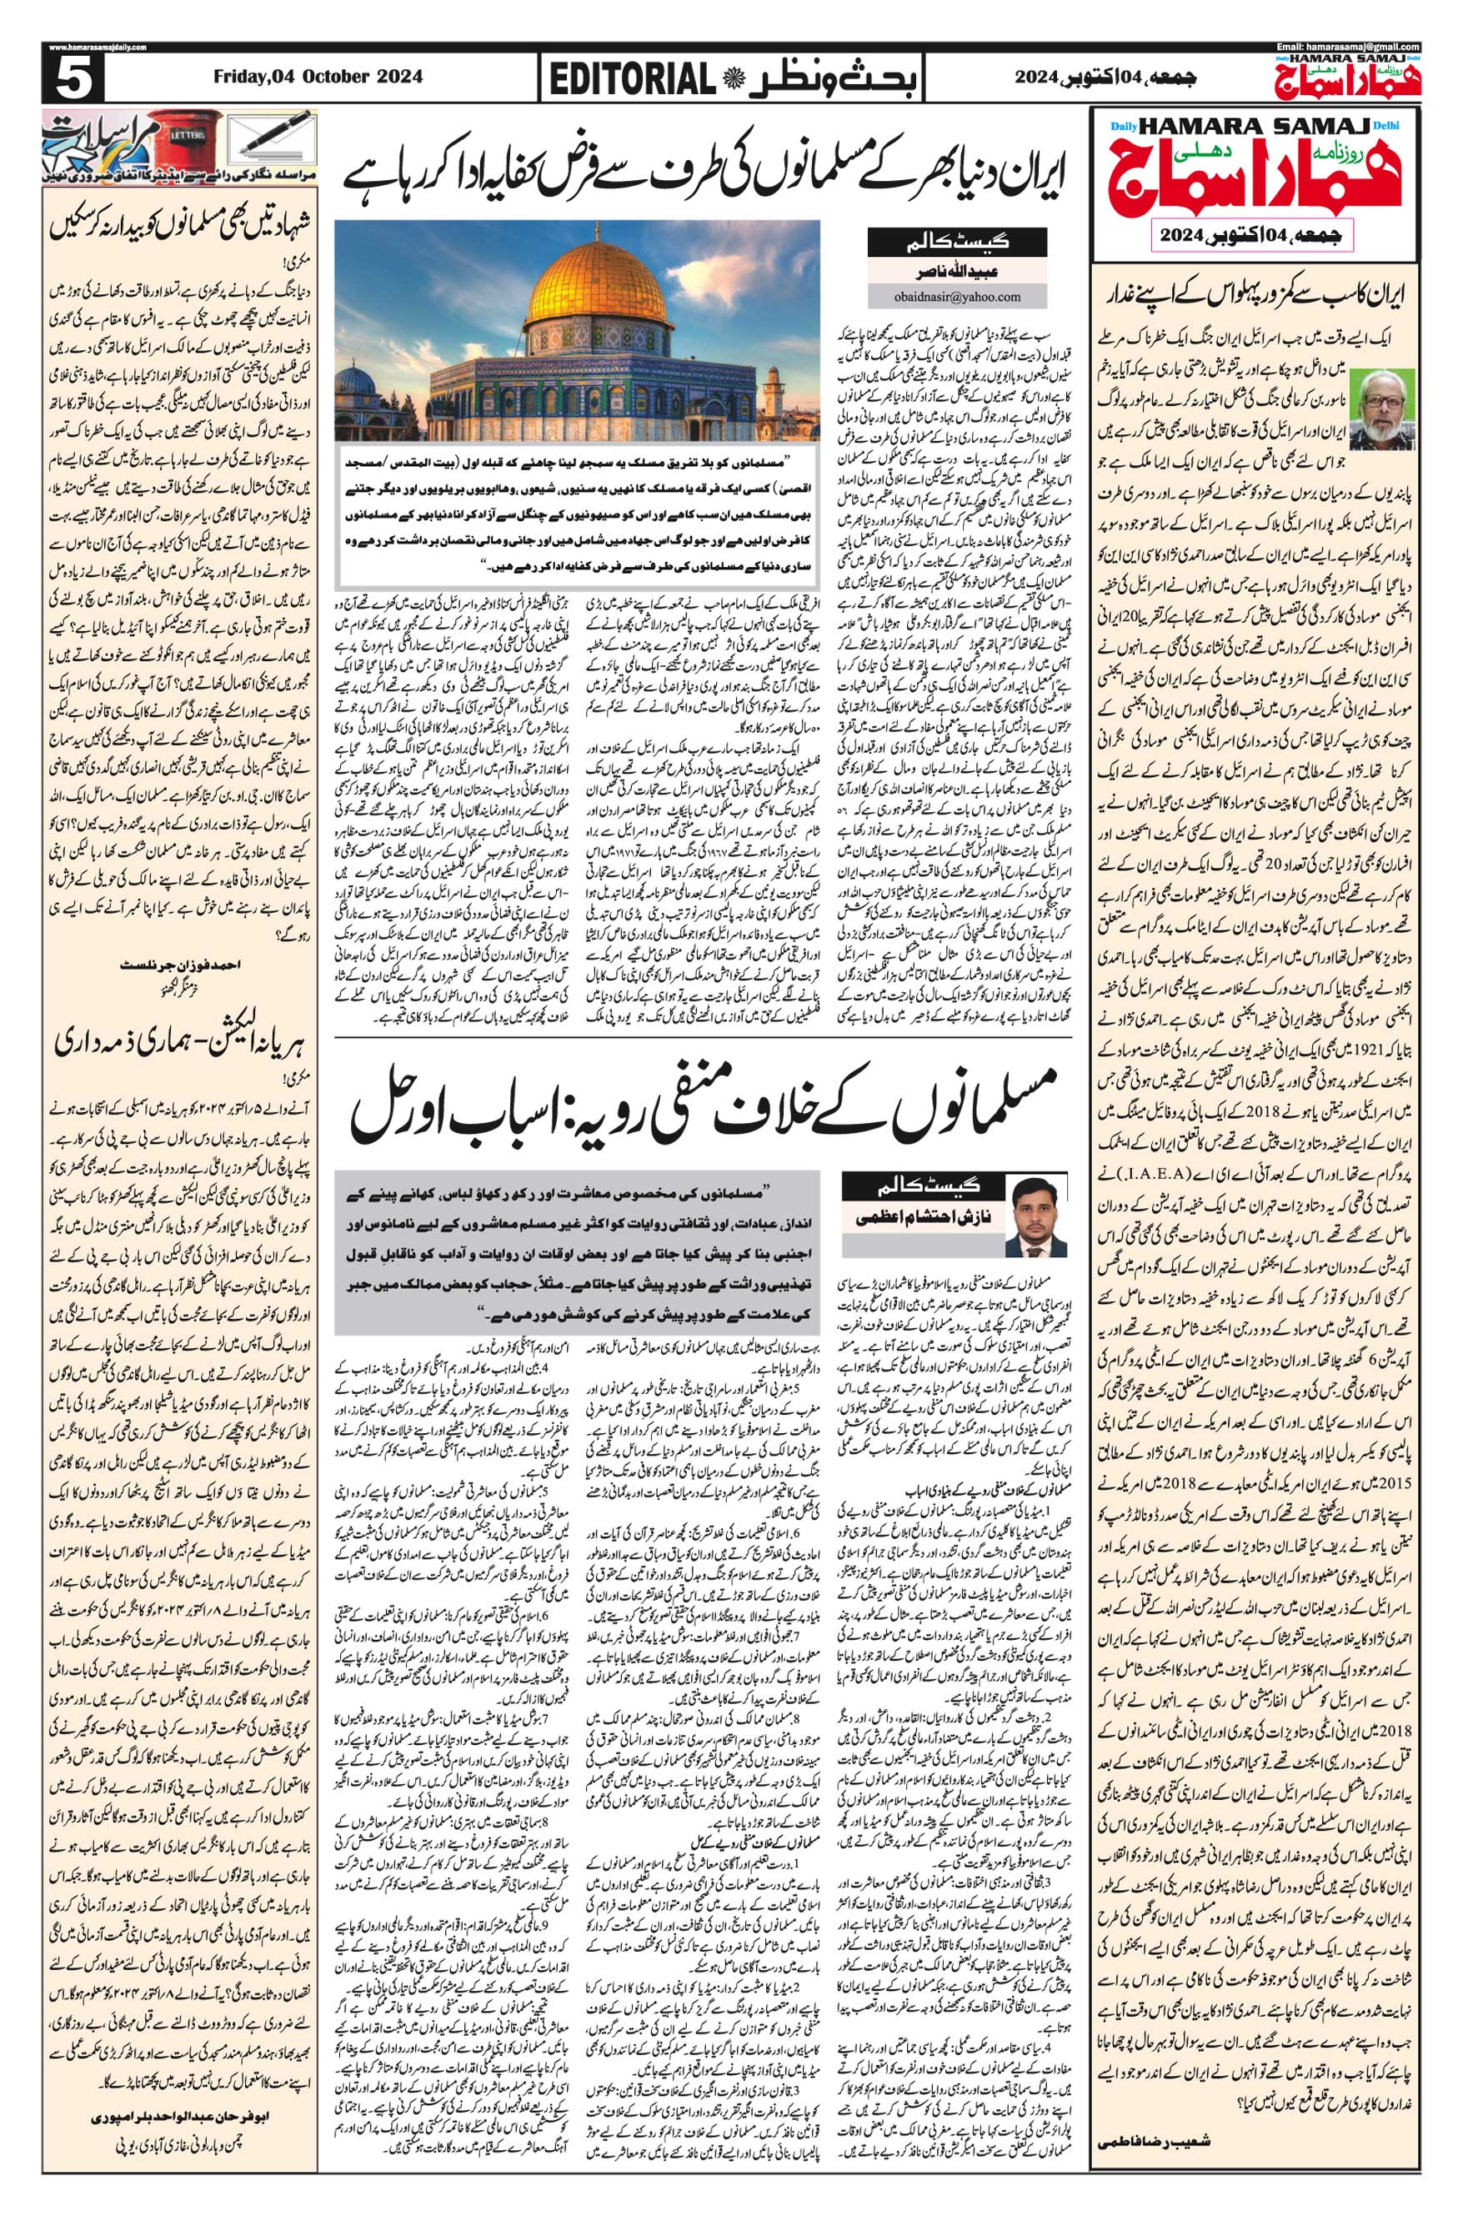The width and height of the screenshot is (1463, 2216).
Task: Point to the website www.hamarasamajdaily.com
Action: click(x=93, y=48)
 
